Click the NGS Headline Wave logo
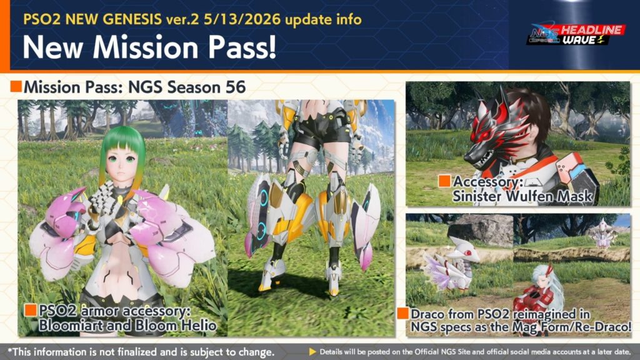tap(576, 34)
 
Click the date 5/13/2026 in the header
tap(242, 19)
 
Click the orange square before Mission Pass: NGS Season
tap(16, 86)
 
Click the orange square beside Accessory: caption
tap(444, 181)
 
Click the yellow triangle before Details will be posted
tap(312, 351)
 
